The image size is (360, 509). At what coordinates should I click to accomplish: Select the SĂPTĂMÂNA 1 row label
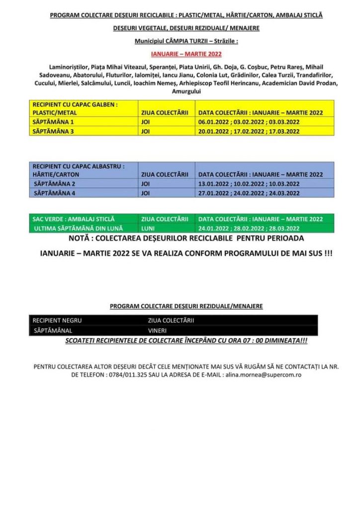53,122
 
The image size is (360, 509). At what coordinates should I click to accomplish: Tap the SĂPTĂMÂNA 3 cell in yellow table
53,131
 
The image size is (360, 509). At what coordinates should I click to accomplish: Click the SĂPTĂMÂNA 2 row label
54,183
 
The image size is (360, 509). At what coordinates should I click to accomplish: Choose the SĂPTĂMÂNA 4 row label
54,193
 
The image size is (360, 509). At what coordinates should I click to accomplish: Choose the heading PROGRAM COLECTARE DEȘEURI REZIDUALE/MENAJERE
186,306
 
